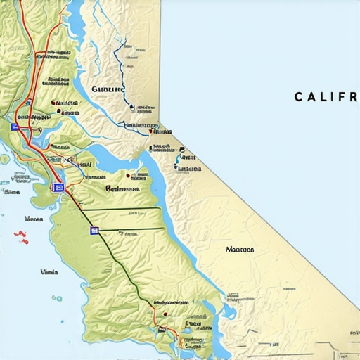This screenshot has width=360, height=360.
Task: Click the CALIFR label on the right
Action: [x=326, y=96]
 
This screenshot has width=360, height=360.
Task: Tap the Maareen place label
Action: [x=240, y=249]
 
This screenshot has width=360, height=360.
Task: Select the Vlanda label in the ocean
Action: [x=49, y=271]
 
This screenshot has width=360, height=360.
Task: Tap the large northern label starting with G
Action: [x=107, y=90]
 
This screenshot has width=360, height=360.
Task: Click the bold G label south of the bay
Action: [x=123, y=188]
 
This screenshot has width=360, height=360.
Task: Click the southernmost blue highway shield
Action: [x=94, y=230]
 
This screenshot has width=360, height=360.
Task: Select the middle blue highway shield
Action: [x=58, y=188]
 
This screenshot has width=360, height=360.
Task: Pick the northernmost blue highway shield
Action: [x=15, y=127]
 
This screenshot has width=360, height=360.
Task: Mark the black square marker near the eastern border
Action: [x=182, y=149]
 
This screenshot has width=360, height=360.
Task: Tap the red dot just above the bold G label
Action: [x=127, y=174]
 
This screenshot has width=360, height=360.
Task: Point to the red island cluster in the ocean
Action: [x=21, y=237]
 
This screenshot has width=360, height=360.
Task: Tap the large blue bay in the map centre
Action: [x=116, y=160]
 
